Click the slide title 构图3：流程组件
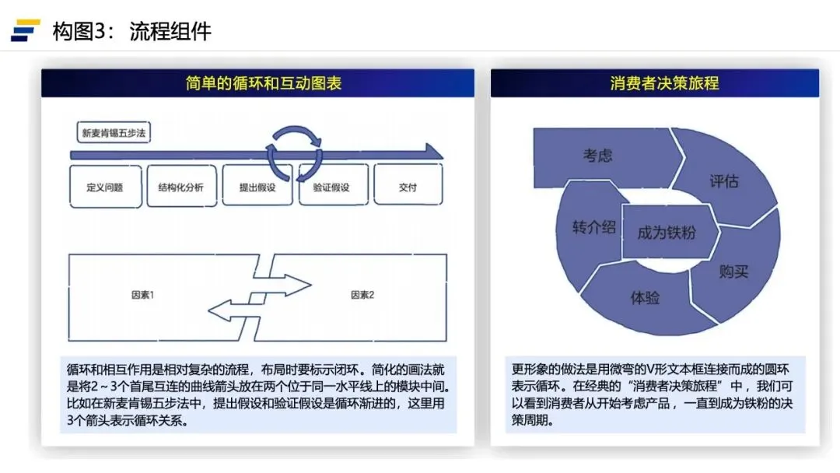pyautogui.click(x=131, y=31)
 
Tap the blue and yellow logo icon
pyautogui.click(x=26, y=30)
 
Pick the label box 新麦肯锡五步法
pyautogui.click(x=114, y=133)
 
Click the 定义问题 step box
pyautogui.click(x=105, y=187)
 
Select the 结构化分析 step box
pyautogui.click(x=181, y=187)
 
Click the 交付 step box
pyautogui.click(x=408, y=187)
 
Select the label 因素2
pyautogui.click(x=362, y=296)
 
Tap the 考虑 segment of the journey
pyautogui.click(x=597, y=156)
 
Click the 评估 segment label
pyautogui.click(x=723, y=181)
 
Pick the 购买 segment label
pyautogui.click(x=733, y=272)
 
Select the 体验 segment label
pyautogui.click(x=645, y=297)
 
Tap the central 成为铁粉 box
pyautogui.click(x=666, y=233)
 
